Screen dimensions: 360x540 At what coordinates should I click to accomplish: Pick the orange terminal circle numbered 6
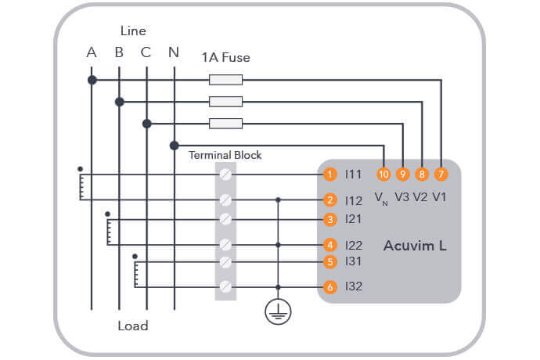(x=331, y=287)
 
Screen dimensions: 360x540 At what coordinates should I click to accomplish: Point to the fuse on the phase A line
(x=225, y=79)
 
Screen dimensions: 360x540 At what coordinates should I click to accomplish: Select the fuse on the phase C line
(x=225, y=123)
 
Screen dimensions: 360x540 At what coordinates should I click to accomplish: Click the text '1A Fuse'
(x=225, y=57)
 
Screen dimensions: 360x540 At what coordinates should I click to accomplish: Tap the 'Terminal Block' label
(x=225, y=155)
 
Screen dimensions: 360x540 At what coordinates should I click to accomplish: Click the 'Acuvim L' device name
(x=415, y=246)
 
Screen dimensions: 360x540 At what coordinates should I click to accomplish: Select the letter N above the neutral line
(x=173, y=53)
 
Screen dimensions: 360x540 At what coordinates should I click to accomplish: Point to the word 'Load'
(x=132, y=326)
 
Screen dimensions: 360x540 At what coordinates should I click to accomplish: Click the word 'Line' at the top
(x=133, y=31)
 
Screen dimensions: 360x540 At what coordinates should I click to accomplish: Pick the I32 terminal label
(x=354, y=287)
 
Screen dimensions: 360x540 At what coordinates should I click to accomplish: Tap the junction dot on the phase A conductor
(x=92, y=80)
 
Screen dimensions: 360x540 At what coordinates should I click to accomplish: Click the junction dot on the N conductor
(x=173, y=145)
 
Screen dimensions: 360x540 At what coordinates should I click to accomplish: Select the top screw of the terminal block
(x=225, y=174)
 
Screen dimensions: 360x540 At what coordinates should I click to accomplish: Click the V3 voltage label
(x=401, y=196)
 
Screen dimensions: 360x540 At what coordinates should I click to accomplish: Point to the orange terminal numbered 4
(x=331, y=245)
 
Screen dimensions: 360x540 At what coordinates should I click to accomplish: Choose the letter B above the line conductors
(x=119, y=53)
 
